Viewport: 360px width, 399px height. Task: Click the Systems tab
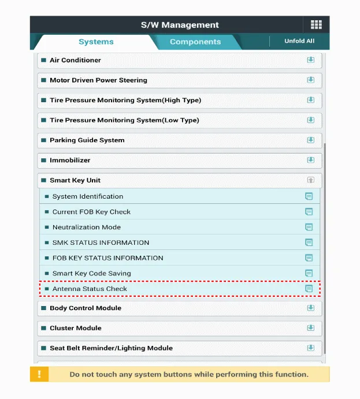pos(96,42)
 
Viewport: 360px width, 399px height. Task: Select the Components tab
pos(195,42)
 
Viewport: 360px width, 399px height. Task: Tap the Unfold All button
pos(299,41)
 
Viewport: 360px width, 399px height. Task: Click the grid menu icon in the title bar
pos(316,24)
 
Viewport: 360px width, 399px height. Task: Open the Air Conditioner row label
pos(75,60)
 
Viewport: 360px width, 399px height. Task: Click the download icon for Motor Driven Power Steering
pos(310,80)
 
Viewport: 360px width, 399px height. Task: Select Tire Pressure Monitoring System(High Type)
pos(125,100)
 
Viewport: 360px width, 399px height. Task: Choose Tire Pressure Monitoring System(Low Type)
pos(124,120)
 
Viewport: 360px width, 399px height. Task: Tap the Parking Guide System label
pos(87,140)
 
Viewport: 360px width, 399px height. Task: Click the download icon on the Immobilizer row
pos(310,160)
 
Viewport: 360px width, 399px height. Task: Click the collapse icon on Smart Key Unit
pos(310,180)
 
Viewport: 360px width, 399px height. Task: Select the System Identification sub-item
pos(88,196)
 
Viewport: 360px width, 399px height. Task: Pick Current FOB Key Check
pos(91,212)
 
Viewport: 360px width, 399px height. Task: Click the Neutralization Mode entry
pos(87,228)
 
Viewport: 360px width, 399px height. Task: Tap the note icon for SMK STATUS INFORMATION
pos(309,243)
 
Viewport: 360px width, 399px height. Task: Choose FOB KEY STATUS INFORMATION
pos(107,258)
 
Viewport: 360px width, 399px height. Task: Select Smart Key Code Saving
pos(91,274)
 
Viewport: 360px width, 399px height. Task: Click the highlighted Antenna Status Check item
pos(90,289)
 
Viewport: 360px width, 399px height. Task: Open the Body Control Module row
pos(86,308)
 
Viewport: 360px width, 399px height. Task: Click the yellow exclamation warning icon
pos(39,374)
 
